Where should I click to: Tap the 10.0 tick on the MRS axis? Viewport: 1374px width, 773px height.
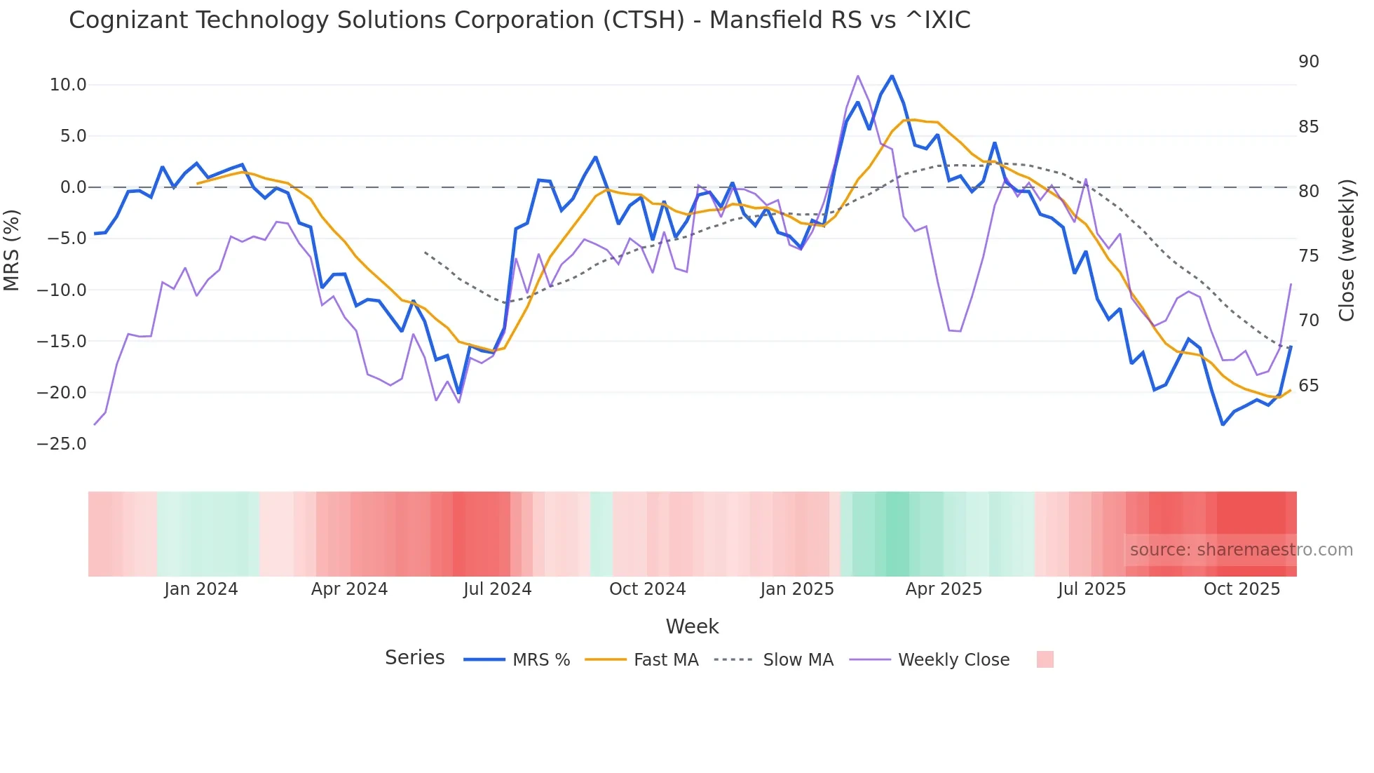[x=67, y=85]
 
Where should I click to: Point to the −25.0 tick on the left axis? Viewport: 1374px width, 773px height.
[x=62, y=444]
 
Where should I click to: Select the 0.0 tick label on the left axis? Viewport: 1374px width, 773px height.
[x=73, y=187]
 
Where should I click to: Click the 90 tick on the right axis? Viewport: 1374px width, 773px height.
[x=1308, y=62]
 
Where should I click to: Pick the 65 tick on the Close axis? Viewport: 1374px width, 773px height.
[x=1308, y=386]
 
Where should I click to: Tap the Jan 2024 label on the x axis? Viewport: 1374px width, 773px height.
[x=201, y=589]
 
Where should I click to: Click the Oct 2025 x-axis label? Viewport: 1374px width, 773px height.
[x=1242, y=589]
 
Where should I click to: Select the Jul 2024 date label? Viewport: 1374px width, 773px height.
[x=497, y=589]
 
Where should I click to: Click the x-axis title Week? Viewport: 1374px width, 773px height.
[x=692, y=626]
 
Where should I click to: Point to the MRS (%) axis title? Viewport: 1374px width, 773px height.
[x=12, y=250]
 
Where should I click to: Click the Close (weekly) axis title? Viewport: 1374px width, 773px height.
[x=1347, y=250]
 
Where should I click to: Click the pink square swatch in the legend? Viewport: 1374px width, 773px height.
[x=1045, y=660]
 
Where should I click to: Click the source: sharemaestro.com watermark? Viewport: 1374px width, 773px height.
[x=1241, y=550]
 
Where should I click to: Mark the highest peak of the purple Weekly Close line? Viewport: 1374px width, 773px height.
[x=858, y=76]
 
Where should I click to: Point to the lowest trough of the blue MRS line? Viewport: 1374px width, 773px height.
[x=1223, y=424]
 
